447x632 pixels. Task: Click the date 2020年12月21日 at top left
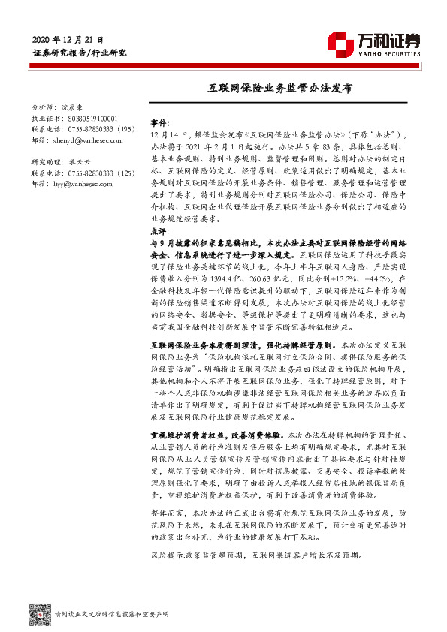[68, 38]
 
